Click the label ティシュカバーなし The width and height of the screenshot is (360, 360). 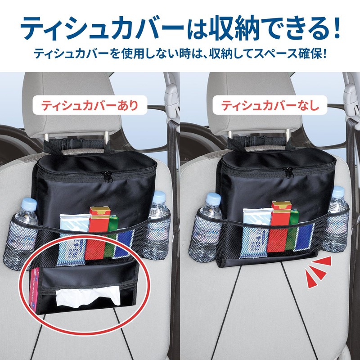point(270,106)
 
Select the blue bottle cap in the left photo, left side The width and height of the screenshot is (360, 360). point(28,203)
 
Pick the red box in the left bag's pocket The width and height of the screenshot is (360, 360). point(99,232)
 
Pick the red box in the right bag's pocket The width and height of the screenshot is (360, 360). point(279,225)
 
